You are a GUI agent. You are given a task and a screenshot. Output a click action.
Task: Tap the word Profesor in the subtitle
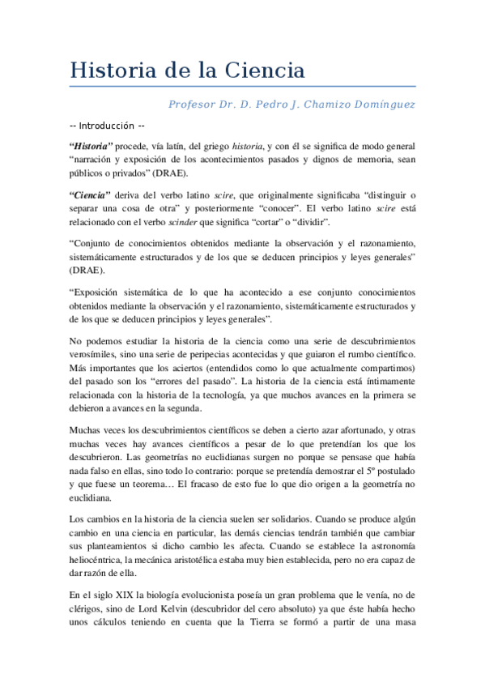tap(192, 105)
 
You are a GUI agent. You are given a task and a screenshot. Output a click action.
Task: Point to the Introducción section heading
tap(108, 127)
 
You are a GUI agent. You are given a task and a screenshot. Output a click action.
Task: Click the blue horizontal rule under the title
tap(243, 86)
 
